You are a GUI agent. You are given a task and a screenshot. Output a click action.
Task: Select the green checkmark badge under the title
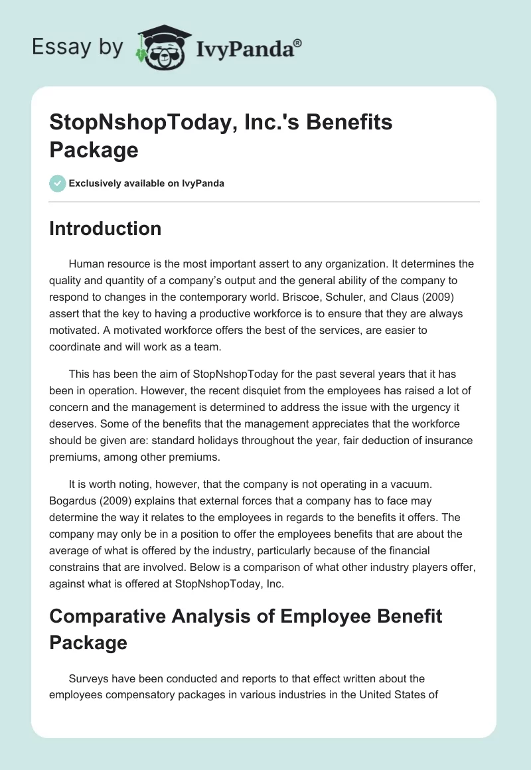point(58,183)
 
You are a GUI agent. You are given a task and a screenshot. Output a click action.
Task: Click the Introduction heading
point(105,228)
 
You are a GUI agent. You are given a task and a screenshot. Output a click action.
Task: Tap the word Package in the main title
point(94,150)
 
